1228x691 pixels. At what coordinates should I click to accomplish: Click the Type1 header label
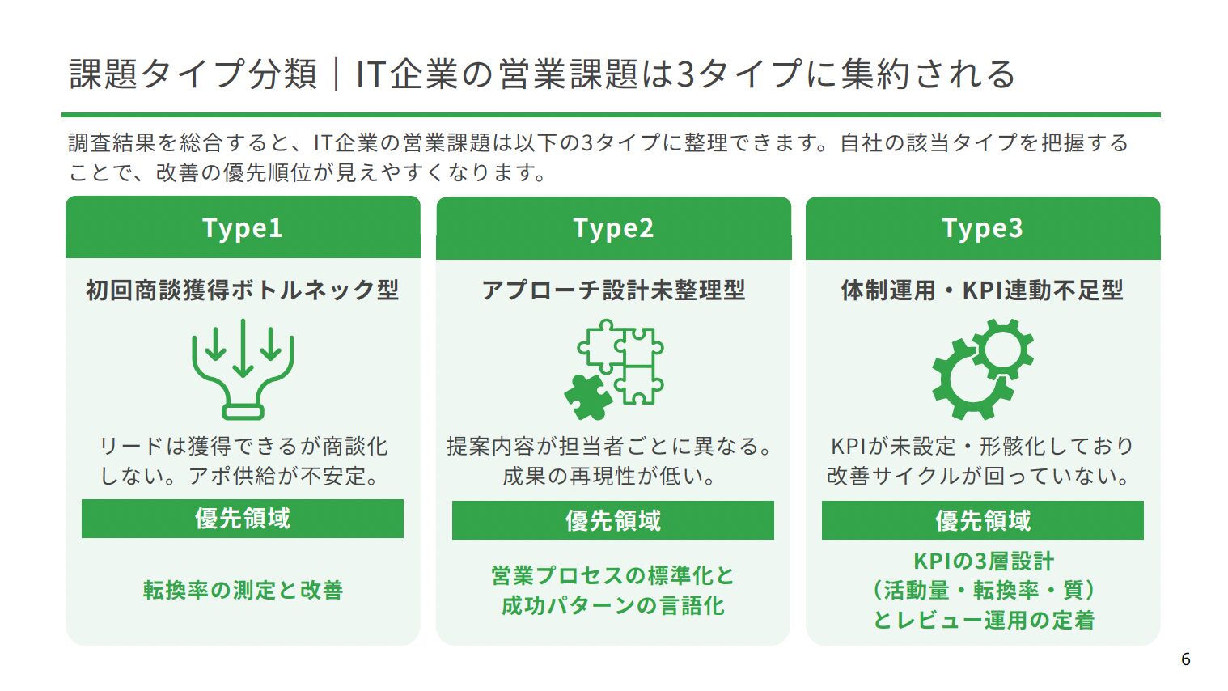click(243, 228)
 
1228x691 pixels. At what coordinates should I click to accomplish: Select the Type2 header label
click(613, 228)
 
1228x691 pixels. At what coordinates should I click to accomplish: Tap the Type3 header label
click(982, 228)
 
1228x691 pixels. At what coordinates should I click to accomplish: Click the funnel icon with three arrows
click(243, 369)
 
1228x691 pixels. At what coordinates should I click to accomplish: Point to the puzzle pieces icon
click(614, 369)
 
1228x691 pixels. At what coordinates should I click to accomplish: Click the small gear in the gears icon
click(1002, 350)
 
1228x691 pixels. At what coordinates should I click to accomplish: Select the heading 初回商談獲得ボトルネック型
click(243, 290)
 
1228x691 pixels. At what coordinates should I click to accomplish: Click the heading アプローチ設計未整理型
click(613, 290)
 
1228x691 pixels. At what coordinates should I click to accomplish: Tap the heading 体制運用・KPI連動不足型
click(982, 290)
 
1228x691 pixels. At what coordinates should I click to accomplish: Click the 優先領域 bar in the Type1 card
click(243, 518)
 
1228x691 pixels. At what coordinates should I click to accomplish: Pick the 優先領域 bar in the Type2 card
click(613, 520)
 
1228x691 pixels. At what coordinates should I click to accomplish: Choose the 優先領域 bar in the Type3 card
click(982, 520)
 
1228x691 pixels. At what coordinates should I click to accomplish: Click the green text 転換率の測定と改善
click(243, 590)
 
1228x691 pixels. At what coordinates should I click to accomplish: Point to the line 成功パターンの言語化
click(613, 605)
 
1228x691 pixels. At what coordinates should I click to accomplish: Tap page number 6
click(1186, 659)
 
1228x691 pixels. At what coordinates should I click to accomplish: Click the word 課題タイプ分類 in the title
click(193, 74)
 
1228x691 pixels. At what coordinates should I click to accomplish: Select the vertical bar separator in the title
click(336, 74)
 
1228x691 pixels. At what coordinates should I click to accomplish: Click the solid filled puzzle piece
click(587, 397)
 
